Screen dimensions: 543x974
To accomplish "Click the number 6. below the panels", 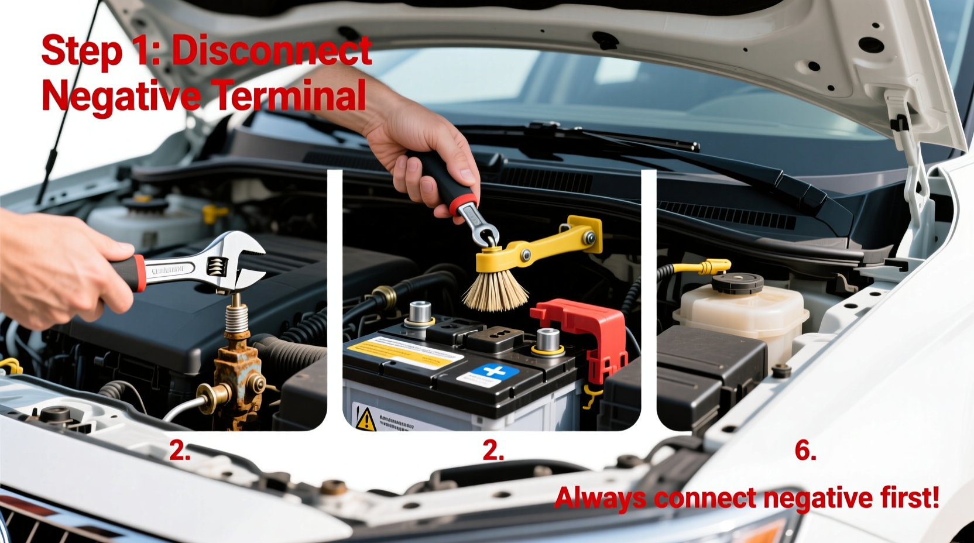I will click(x=805, y=450).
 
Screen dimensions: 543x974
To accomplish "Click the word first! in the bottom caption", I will click(x=910, y=497).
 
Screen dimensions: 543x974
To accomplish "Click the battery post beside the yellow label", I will click(x=420, y=312).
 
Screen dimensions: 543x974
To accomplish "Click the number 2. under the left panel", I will click(x=180, y=451).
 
